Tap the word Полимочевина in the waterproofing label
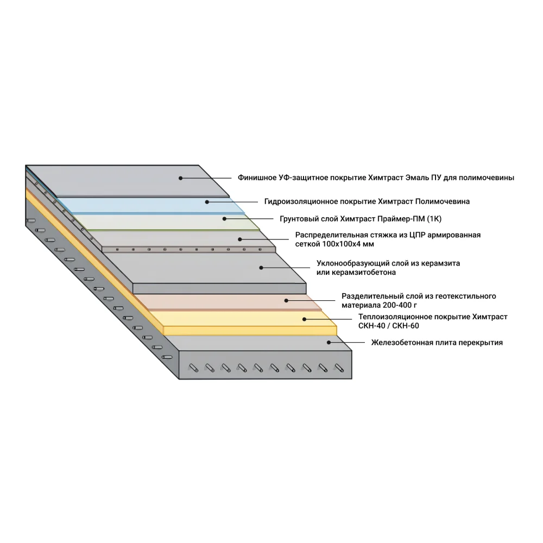442,201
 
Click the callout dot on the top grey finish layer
181,178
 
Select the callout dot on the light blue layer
207,201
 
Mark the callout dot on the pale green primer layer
224,218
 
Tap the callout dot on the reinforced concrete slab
329,342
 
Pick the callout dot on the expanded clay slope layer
261,267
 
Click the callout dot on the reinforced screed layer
239,239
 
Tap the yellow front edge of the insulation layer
250,330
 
